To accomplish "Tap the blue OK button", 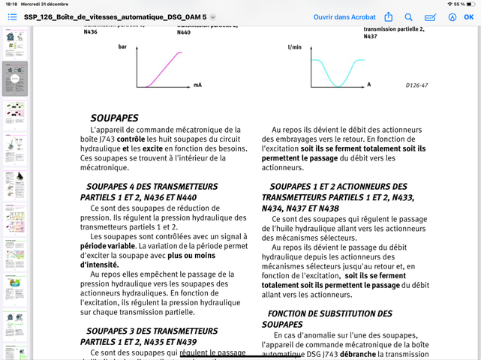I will pyautogui.click(x=469, y=16).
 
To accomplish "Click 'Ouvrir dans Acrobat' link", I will pyautogui.click(x=344, y=16).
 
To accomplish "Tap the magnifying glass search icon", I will pyautogui.click(x=409, y=16).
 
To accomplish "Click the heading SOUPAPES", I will pyautogui.click(x=114, y=118).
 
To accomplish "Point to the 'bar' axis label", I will pyautogui.click(x=123, y=47).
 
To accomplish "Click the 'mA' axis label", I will pyautogui.click(x=197, y=85).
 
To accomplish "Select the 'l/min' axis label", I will pyautogui.click(x=294, y=47).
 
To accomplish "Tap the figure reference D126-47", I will pyautogui.click(x=416, y=85).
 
